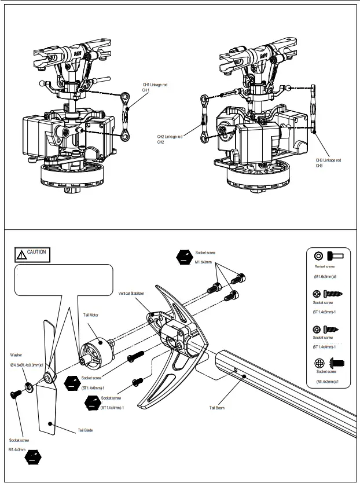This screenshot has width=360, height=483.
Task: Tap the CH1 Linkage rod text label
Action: pos(155,85)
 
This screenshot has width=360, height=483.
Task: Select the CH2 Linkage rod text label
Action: pos(170,137)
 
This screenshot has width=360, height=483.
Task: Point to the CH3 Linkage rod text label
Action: pos(328,160)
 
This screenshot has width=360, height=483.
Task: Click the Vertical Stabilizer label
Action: pos(131,294)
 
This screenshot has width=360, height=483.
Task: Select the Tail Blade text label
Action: pos(85,430)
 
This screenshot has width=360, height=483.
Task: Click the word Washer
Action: pos(16,354)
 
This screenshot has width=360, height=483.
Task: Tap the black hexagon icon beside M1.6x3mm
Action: pos(184,257)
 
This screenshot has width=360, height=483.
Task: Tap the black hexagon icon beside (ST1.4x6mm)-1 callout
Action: pos(71,383)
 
